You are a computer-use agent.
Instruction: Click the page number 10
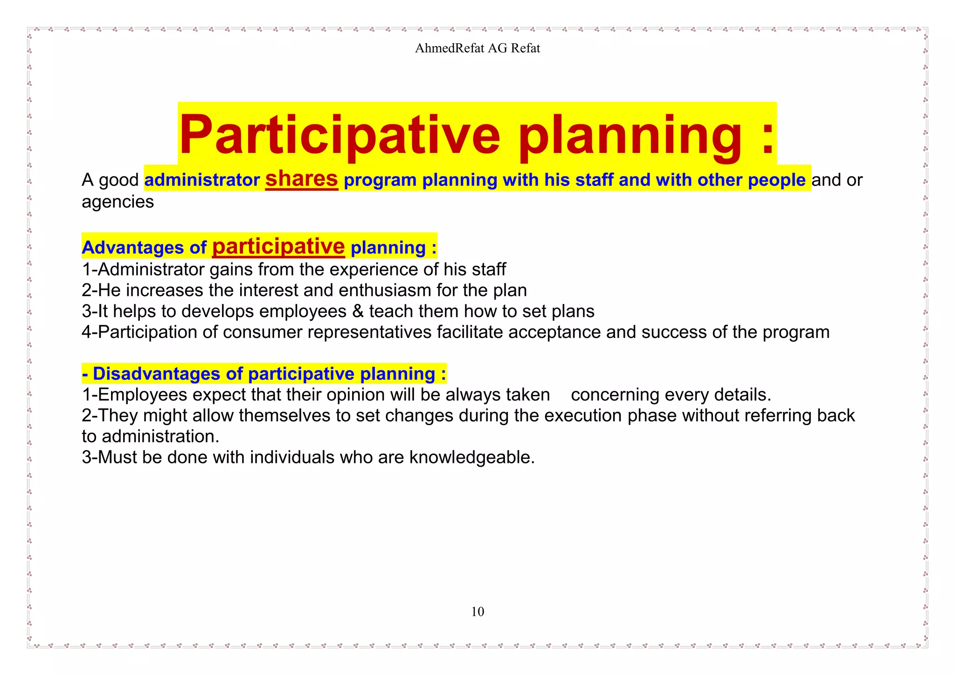tap(477, 612)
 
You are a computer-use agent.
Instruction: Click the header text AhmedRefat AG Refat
tap(477, 48)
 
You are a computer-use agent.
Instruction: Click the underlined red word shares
tap(301, 179)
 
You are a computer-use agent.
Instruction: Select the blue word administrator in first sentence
tap(202, 180)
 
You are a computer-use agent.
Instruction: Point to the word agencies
tap(118, 202)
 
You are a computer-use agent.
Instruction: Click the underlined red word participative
tap(278, 247)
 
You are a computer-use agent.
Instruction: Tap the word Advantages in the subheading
tap(132, 248)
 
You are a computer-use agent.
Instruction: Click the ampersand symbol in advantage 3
tap(358, 311)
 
